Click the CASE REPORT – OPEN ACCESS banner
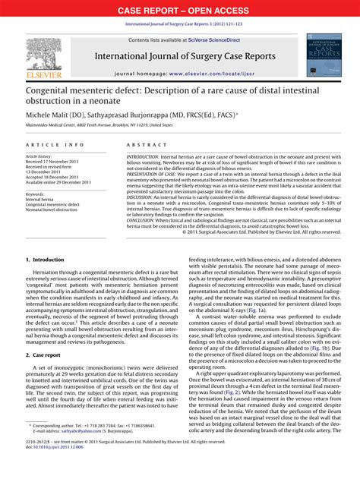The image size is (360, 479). pyautogui.click(x=180, y=10)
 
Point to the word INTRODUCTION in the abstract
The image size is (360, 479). pyautogui.click(x=148, y=156)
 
